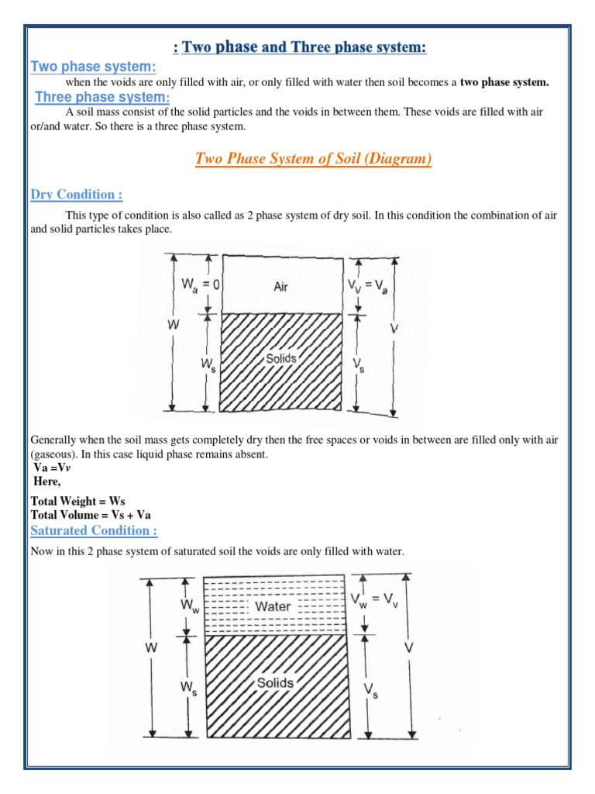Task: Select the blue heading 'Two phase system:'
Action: [93, 67]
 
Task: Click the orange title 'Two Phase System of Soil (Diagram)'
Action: [313, 159]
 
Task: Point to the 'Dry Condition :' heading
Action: [76, 194]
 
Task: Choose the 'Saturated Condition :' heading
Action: [94, 530]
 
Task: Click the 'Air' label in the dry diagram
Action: [280, 287]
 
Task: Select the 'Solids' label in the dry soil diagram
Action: [280, 359]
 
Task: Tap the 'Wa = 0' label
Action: [201, 285]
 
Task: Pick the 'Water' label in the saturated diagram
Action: [273, 606]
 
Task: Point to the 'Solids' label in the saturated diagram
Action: [275, 682]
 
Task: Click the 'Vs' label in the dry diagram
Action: [359, 364]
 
